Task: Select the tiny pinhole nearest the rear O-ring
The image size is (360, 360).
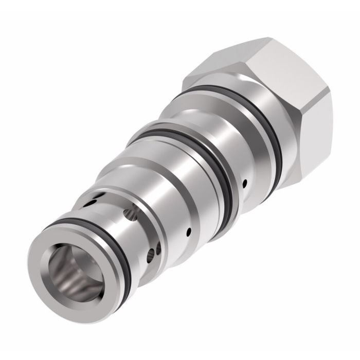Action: pos(245,182)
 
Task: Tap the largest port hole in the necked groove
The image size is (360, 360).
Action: pos(134,209)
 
